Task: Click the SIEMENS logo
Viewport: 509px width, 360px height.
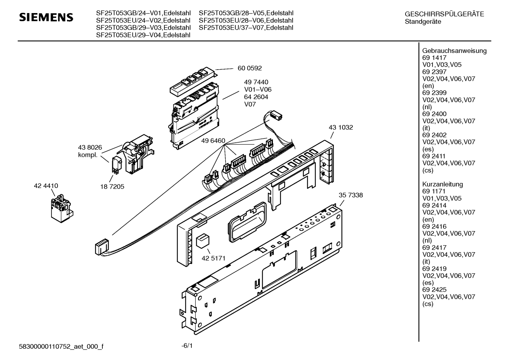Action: (x=46, y=17)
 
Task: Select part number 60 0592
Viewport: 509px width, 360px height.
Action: (x=250, y=68)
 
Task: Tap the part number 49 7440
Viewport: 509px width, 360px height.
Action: (x=256, y=82)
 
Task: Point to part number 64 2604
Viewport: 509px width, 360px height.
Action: (x=256, y=97)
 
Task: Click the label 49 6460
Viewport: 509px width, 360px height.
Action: (x=213, y=141)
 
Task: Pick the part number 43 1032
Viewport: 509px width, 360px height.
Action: (x=341, y=127)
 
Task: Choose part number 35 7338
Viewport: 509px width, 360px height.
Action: (x=351, y=195)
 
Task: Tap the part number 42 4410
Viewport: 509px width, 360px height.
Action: (x=46, y=186)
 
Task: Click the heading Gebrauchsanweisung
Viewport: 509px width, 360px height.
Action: (x=454, y=51)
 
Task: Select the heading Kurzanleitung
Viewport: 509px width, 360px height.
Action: (x=442, y=184)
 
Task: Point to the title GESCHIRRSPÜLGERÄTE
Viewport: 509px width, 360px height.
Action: (x=444, y=14)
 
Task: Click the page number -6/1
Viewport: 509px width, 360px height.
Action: (x=187, y=346)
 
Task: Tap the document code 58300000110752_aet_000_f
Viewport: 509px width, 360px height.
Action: (x=61, y=346)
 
